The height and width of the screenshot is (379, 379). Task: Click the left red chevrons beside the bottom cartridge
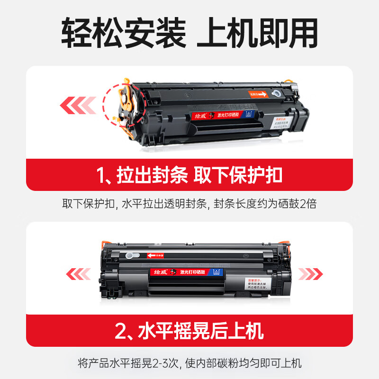click(78, 273)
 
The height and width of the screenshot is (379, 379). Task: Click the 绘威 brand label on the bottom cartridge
click(161, 272)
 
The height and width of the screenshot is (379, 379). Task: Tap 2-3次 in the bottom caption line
click(168, 364)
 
